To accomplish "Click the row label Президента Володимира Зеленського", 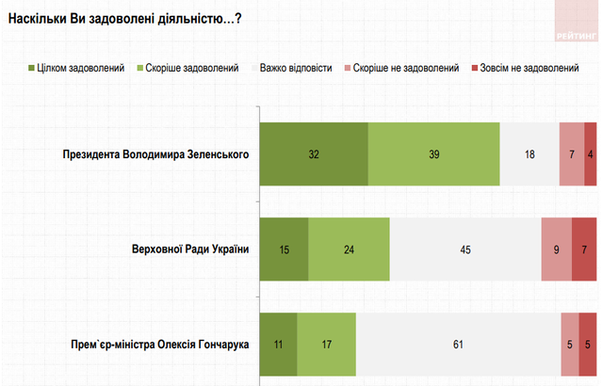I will point(155,154).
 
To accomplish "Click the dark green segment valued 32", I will point(314,154).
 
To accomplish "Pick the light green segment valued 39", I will point(434,154).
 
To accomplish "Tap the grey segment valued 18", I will point(530,154).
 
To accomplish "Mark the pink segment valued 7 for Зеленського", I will point(572,154).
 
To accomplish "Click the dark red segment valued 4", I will point(591,154).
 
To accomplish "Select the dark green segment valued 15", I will point(284,249).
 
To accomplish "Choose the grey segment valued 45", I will point(465,249).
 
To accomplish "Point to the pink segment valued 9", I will point(557,249).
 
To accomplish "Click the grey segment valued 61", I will point(458,345).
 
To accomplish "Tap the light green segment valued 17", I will point(327,345).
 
